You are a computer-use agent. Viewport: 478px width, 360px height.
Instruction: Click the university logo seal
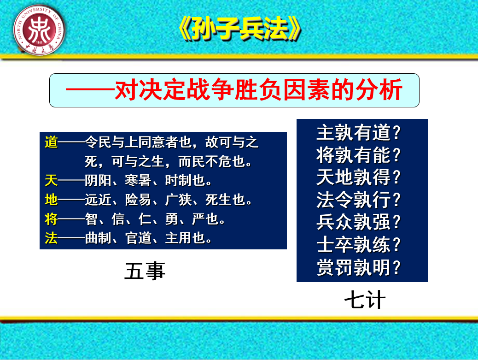(x=39, y=30)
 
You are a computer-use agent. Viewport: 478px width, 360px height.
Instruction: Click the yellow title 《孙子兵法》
(x=240, y=29)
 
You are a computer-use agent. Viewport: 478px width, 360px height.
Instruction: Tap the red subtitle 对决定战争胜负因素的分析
(x=258, y=90)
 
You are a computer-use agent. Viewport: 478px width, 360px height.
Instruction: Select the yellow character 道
(x=51, y=142)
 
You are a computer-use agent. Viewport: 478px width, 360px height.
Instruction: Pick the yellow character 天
(x=51, y=180)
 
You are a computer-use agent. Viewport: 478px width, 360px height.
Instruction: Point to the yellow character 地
(x=51, y=200)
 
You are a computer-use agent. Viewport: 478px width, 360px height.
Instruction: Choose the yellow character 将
(x=51, y=219)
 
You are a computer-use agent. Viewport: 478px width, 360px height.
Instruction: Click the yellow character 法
(x=51, y=238)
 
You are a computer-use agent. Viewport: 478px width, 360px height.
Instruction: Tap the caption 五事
(x=145, y=271)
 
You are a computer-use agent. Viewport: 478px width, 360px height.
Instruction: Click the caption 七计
(x=365, y=300)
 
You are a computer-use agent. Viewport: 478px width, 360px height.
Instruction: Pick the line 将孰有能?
(x=358, y=155)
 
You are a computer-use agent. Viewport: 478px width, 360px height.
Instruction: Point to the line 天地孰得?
(x=358, y=177)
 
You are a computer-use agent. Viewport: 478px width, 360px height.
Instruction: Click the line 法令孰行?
(x=358, y=200)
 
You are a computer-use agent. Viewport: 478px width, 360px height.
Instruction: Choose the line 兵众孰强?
(x=358, y=222)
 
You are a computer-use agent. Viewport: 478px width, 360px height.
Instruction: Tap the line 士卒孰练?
(x=358, y=245)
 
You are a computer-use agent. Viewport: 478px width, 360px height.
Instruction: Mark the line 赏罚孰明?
(x=358, y=267)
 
